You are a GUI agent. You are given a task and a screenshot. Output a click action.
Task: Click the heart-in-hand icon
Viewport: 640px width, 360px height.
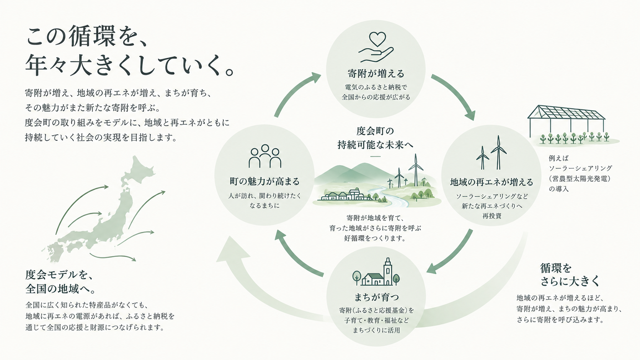[x=376, y=47]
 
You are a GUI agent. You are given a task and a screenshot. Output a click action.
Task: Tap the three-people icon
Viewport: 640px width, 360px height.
[x=265, y=156]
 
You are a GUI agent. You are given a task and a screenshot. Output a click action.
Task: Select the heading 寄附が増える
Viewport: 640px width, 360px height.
[x=376, y=74]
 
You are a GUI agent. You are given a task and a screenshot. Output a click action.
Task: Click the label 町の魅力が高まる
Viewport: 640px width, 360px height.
[x=264, y=181]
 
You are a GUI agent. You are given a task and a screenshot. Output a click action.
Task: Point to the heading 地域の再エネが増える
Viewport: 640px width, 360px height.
[x=492, y=182]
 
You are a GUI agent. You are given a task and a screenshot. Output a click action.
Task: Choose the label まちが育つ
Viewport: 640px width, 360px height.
[x=376, y=297]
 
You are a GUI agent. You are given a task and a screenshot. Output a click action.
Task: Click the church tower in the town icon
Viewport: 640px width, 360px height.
[x=388, y=271]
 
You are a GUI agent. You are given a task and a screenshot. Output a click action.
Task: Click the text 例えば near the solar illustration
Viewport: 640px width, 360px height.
[x=558, y=158]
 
